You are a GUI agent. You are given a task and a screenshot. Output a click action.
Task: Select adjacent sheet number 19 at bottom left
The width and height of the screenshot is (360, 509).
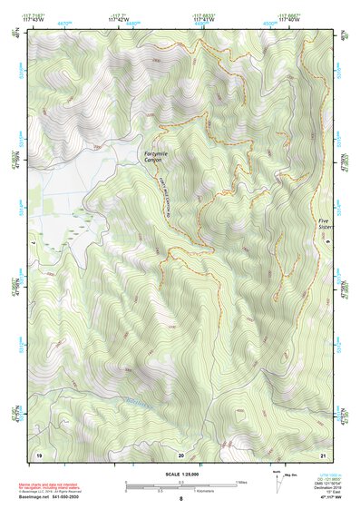click(x=38, y=453)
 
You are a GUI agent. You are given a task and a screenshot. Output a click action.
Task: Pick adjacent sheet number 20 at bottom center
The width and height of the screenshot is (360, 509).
click(x=180, y=453)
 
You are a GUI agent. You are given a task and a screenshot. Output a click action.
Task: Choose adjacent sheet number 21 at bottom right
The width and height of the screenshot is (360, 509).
click(x=324, y=453)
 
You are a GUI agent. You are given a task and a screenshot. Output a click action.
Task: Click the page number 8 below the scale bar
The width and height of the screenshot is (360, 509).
click(x=180, y=499)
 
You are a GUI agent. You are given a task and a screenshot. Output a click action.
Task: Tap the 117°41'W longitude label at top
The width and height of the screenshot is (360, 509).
click(x=204, y=19)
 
